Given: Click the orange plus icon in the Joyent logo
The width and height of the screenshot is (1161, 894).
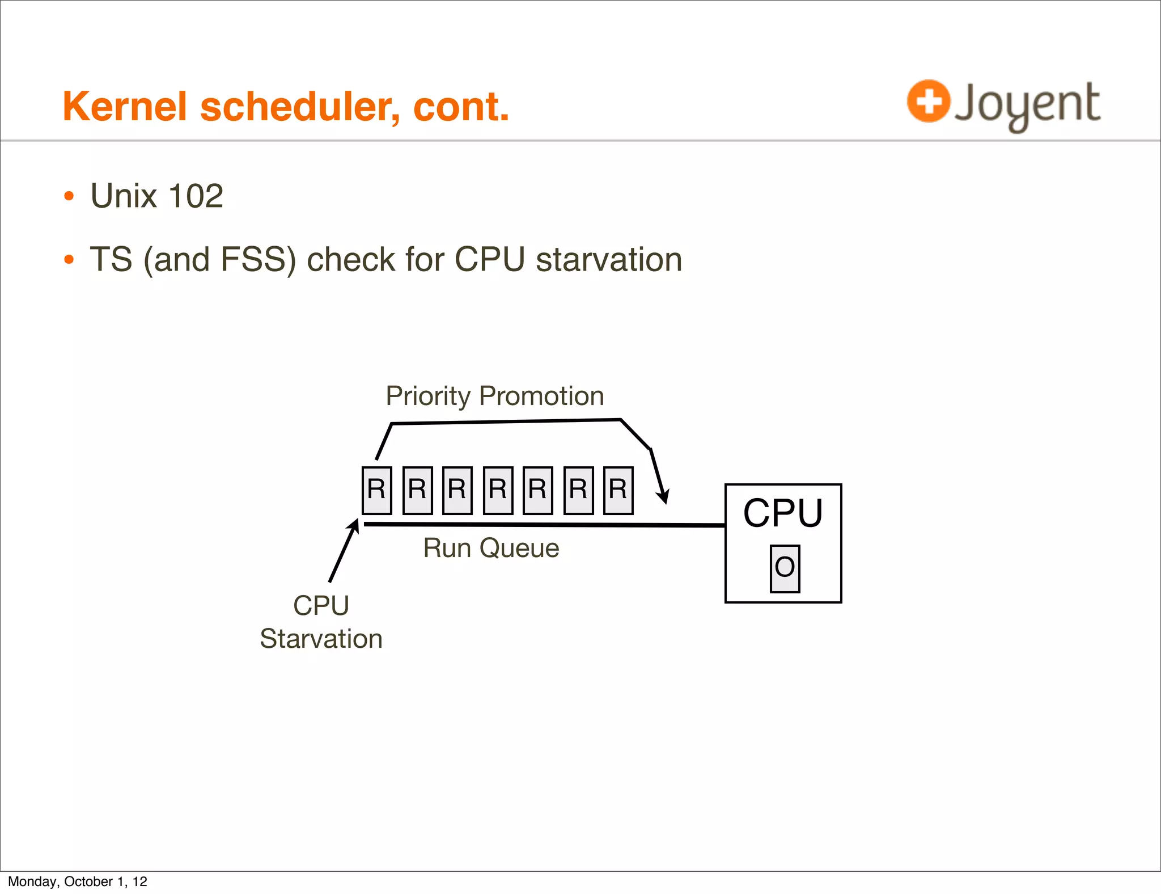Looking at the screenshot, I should coord(928,101).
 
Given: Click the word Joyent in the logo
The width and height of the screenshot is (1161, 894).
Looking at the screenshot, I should coord(1027,104).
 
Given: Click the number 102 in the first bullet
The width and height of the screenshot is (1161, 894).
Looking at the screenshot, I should coord(196,196).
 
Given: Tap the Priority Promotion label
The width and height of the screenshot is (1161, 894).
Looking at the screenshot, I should coord(494,396).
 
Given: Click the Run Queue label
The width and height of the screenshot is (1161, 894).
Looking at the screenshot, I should coord(491,548).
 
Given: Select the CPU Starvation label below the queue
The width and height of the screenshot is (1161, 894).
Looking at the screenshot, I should coord(321,622).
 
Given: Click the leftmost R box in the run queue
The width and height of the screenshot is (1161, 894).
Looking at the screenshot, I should coord(377,490).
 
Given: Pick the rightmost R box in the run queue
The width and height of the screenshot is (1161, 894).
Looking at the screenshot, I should coord(618,490).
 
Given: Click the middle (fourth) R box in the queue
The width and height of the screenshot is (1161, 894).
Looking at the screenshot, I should coord(498,490).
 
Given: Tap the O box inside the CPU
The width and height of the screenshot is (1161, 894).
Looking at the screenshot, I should coord(785,568).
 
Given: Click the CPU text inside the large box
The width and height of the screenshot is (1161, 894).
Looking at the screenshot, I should coord(782,513).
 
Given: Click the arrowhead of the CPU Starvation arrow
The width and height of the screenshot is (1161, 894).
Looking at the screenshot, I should coord(355,525).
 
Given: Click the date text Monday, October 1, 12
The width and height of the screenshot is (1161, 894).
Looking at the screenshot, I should coord(78,882).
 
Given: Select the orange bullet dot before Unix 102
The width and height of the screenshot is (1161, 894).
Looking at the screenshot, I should coord(69,196).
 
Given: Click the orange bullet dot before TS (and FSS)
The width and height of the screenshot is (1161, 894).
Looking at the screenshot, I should coord(69,260).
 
